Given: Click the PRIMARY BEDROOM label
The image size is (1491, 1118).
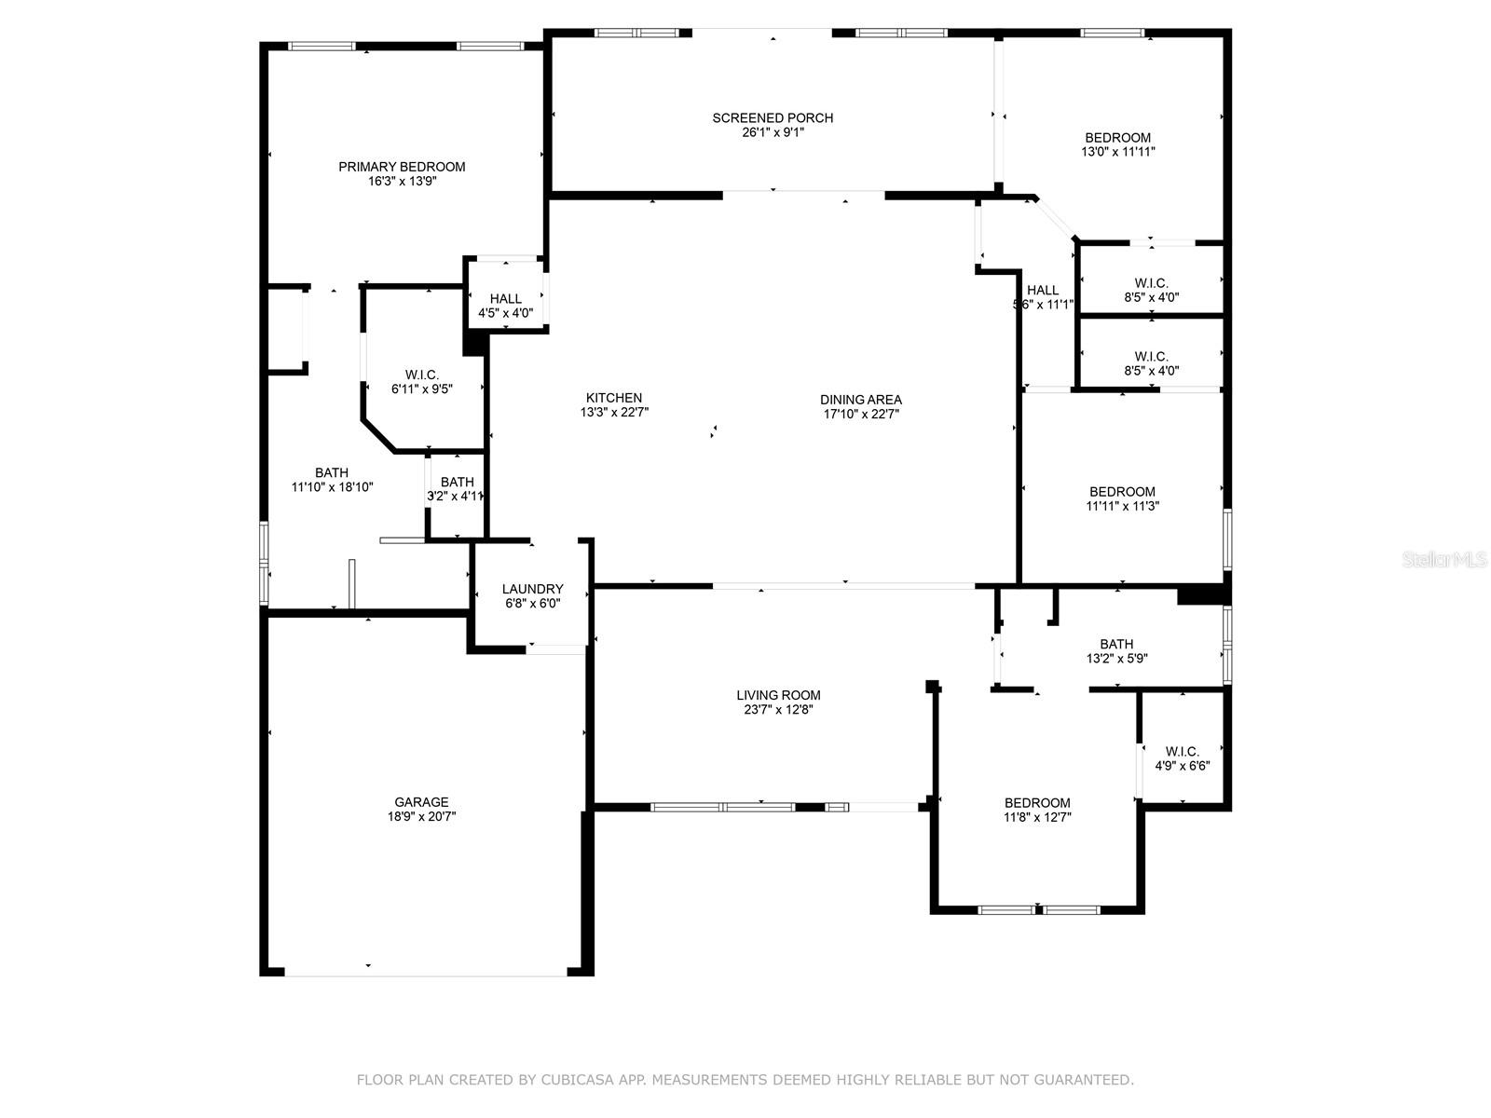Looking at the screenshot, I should (402, 167).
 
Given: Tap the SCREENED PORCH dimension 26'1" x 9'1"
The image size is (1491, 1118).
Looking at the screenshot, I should (773, 132).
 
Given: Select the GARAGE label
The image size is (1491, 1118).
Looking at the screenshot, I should (421, 801).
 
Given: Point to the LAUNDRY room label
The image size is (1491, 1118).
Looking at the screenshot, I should (532, 589).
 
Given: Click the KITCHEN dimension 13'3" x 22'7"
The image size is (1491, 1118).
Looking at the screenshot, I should (614, 412).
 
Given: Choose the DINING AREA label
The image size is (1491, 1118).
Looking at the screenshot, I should (860, 400).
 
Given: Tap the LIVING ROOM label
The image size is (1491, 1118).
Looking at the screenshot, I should (778, 695).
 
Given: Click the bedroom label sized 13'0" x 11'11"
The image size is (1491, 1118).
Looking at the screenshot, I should (1117, 138).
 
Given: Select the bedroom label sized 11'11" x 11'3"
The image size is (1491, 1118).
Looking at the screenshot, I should (1122, 492).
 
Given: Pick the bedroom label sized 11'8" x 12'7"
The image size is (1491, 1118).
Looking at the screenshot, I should (1037, 803).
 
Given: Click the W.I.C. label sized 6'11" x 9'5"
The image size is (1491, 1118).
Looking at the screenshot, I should (421, 375).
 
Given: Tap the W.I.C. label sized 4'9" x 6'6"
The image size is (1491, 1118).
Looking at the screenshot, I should (1182, 751).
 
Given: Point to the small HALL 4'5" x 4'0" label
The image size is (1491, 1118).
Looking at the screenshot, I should (505, 299).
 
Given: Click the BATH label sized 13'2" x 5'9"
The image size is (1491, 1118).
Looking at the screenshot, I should (1116, 644).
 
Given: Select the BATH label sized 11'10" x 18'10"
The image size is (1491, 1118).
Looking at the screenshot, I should (331, 472).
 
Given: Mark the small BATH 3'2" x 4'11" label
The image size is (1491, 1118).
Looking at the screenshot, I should (457, 482).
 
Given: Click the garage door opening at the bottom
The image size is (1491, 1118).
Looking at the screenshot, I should (425, 975).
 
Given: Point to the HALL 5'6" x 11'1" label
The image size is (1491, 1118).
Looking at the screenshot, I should (1043, 291).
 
